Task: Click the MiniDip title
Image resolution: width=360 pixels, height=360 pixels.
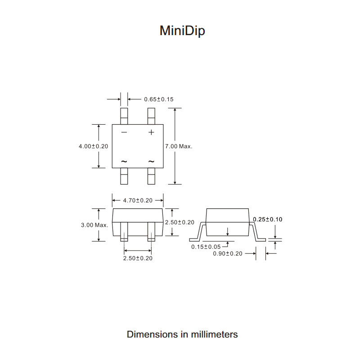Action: (182, 31)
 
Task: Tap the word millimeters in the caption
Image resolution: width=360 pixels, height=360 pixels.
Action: (214, 334)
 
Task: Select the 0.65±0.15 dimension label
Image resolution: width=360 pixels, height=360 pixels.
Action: (158, 99)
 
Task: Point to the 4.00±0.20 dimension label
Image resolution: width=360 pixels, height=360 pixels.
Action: (93, 146)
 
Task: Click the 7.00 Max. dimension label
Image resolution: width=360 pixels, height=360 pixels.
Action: (179, 146)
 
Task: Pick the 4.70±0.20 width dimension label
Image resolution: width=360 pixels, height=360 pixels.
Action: (138, 200)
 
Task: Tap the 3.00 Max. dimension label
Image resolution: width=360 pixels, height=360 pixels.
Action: (94, 225)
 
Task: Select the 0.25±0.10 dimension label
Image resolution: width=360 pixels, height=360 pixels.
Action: (268, 220)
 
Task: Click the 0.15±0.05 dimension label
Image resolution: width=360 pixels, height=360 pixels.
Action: (206, 247)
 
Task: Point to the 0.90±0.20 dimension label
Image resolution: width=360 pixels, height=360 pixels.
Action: (228, 254)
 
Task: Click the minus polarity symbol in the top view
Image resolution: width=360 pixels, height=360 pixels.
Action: (124, 132)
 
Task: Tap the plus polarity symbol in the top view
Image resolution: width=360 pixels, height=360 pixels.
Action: (151, 132)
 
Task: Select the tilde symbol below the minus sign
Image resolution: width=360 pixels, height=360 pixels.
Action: (124, 161)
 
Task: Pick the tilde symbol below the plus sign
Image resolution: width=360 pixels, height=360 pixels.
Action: (151, 161)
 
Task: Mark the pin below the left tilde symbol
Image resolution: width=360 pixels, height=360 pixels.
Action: (124, 176)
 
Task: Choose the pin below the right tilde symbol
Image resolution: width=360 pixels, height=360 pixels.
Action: (151, 176)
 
